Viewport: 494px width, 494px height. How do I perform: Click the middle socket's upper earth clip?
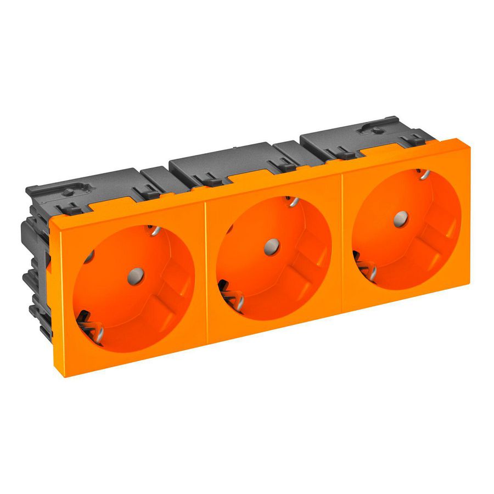[291, 202]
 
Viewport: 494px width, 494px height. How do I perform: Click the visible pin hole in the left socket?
[88, 256]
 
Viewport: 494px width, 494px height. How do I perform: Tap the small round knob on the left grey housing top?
[70, 192]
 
